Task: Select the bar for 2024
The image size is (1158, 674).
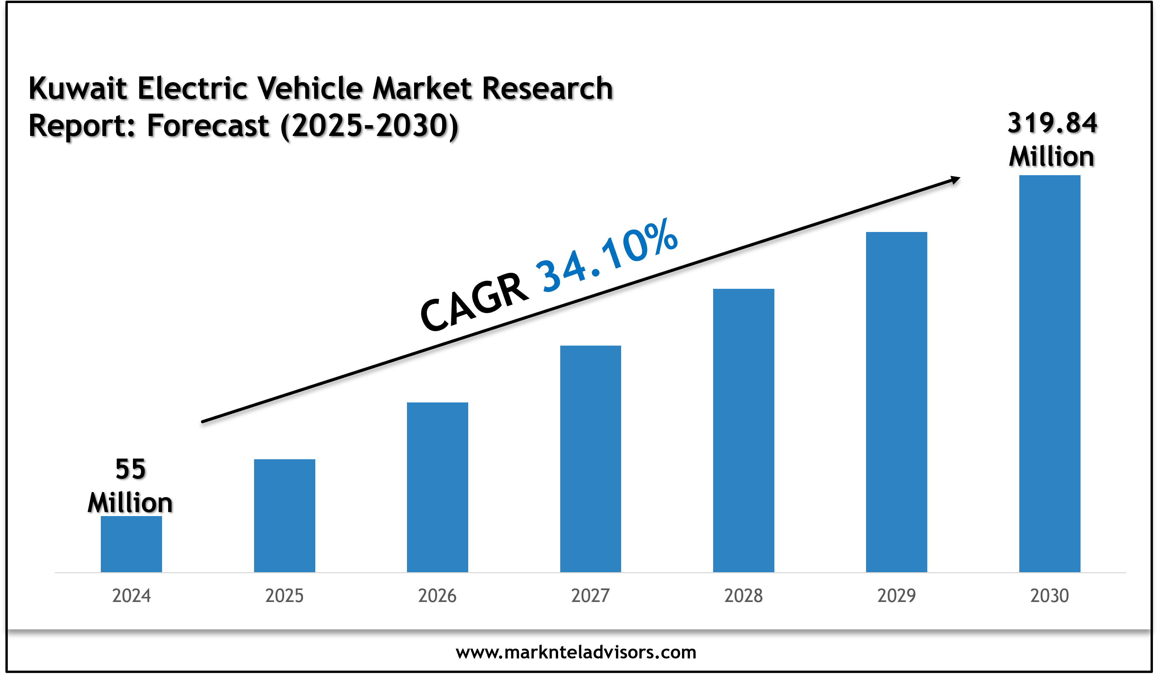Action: pos(131,544)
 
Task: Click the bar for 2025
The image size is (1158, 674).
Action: pos(285,515)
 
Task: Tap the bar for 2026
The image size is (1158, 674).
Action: pos(437,487)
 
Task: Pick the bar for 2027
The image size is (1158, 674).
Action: pos(590,459)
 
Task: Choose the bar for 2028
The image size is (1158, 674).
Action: pos(744,430)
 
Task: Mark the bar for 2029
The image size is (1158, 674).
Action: pos(896,402)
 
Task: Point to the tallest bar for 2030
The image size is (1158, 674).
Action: pos(1049,374)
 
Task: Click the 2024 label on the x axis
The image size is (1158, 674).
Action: pos(131,596)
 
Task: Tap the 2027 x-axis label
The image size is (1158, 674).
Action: pos(590,596)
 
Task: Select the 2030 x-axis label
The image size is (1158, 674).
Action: pos(1049,596)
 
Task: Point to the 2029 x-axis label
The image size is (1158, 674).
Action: pos(896,596)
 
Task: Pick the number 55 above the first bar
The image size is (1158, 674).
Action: pos(131,469)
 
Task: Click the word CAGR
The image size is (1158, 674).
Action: pos(474,302)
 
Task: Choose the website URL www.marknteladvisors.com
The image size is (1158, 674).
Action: pos(576,652)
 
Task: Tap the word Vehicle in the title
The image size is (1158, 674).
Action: pos(310,88)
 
